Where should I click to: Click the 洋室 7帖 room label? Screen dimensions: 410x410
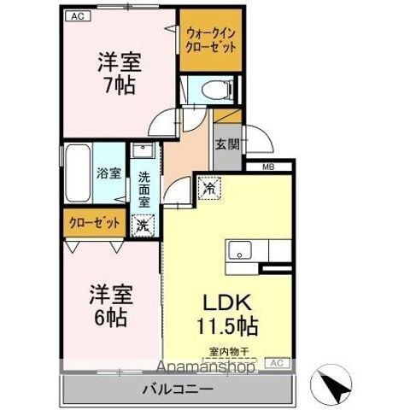pos(118,73)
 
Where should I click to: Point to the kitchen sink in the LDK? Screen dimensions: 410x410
pos(238,251)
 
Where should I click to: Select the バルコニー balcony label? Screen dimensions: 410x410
pos(177,389)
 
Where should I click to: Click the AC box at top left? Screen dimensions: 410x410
pos(76,16)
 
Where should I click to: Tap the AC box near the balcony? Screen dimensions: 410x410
pos(276,363)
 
